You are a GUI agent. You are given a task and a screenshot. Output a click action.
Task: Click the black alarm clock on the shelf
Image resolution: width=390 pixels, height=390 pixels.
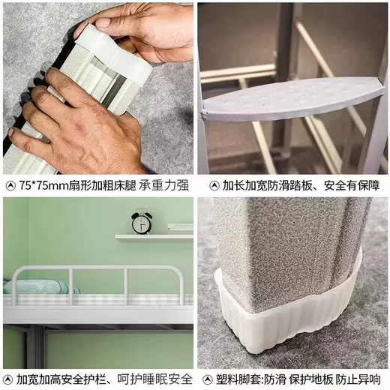click(x=142, y=222)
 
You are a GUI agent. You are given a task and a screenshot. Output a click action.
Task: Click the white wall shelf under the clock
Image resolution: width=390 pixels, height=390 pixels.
click(x=153, y=237)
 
